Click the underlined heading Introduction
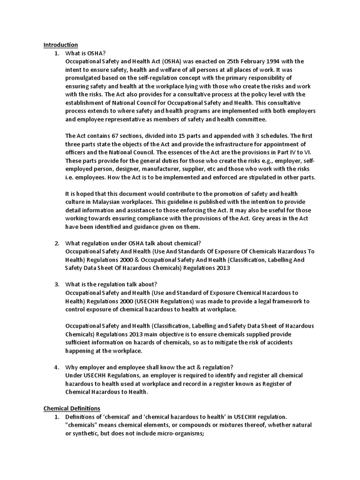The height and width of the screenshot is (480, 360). (x=60, y=45)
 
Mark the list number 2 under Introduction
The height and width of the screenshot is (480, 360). (x=57, y=243)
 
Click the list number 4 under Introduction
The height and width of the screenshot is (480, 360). (x=57, y=367)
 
